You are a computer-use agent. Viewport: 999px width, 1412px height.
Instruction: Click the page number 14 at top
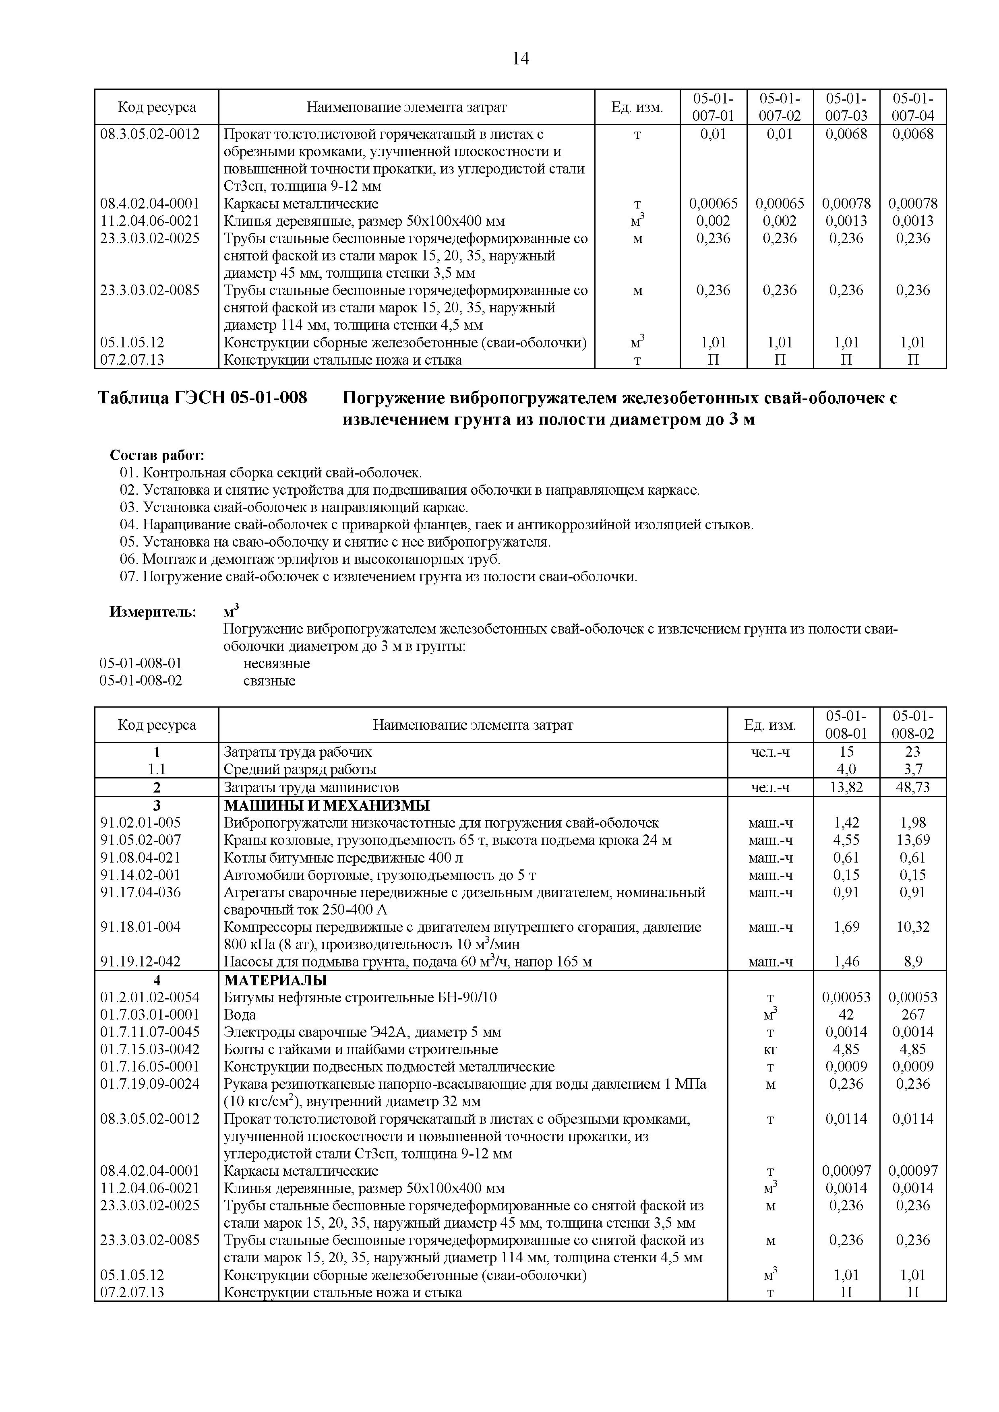[x=520, y=59]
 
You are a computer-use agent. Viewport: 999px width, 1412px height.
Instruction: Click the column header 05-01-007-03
[x=846, y=107]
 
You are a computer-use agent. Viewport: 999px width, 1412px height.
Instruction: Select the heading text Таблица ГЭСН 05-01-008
[x=203, y=398]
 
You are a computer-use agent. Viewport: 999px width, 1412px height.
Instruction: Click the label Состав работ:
[x=157, y=456]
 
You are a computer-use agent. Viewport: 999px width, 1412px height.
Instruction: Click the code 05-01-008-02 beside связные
[x=141, y=681]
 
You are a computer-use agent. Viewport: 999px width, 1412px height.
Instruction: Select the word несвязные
[x=276, y=664]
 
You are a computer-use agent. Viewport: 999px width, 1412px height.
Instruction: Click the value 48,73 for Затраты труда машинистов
[x=912, y=787]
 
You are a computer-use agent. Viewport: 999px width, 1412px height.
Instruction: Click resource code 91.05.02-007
[x=141, y=840]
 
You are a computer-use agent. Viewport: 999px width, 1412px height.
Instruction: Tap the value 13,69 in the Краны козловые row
[x=912, y=840]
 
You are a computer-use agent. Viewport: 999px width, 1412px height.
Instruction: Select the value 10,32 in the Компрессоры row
[x=912, y=927]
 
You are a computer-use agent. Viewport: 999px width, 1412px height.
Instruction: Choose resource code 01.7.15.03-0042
[x=149, y=1049]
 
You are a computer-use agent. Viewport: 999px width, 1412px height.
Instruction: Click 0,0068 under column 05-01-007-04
[x=912, y=134]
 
